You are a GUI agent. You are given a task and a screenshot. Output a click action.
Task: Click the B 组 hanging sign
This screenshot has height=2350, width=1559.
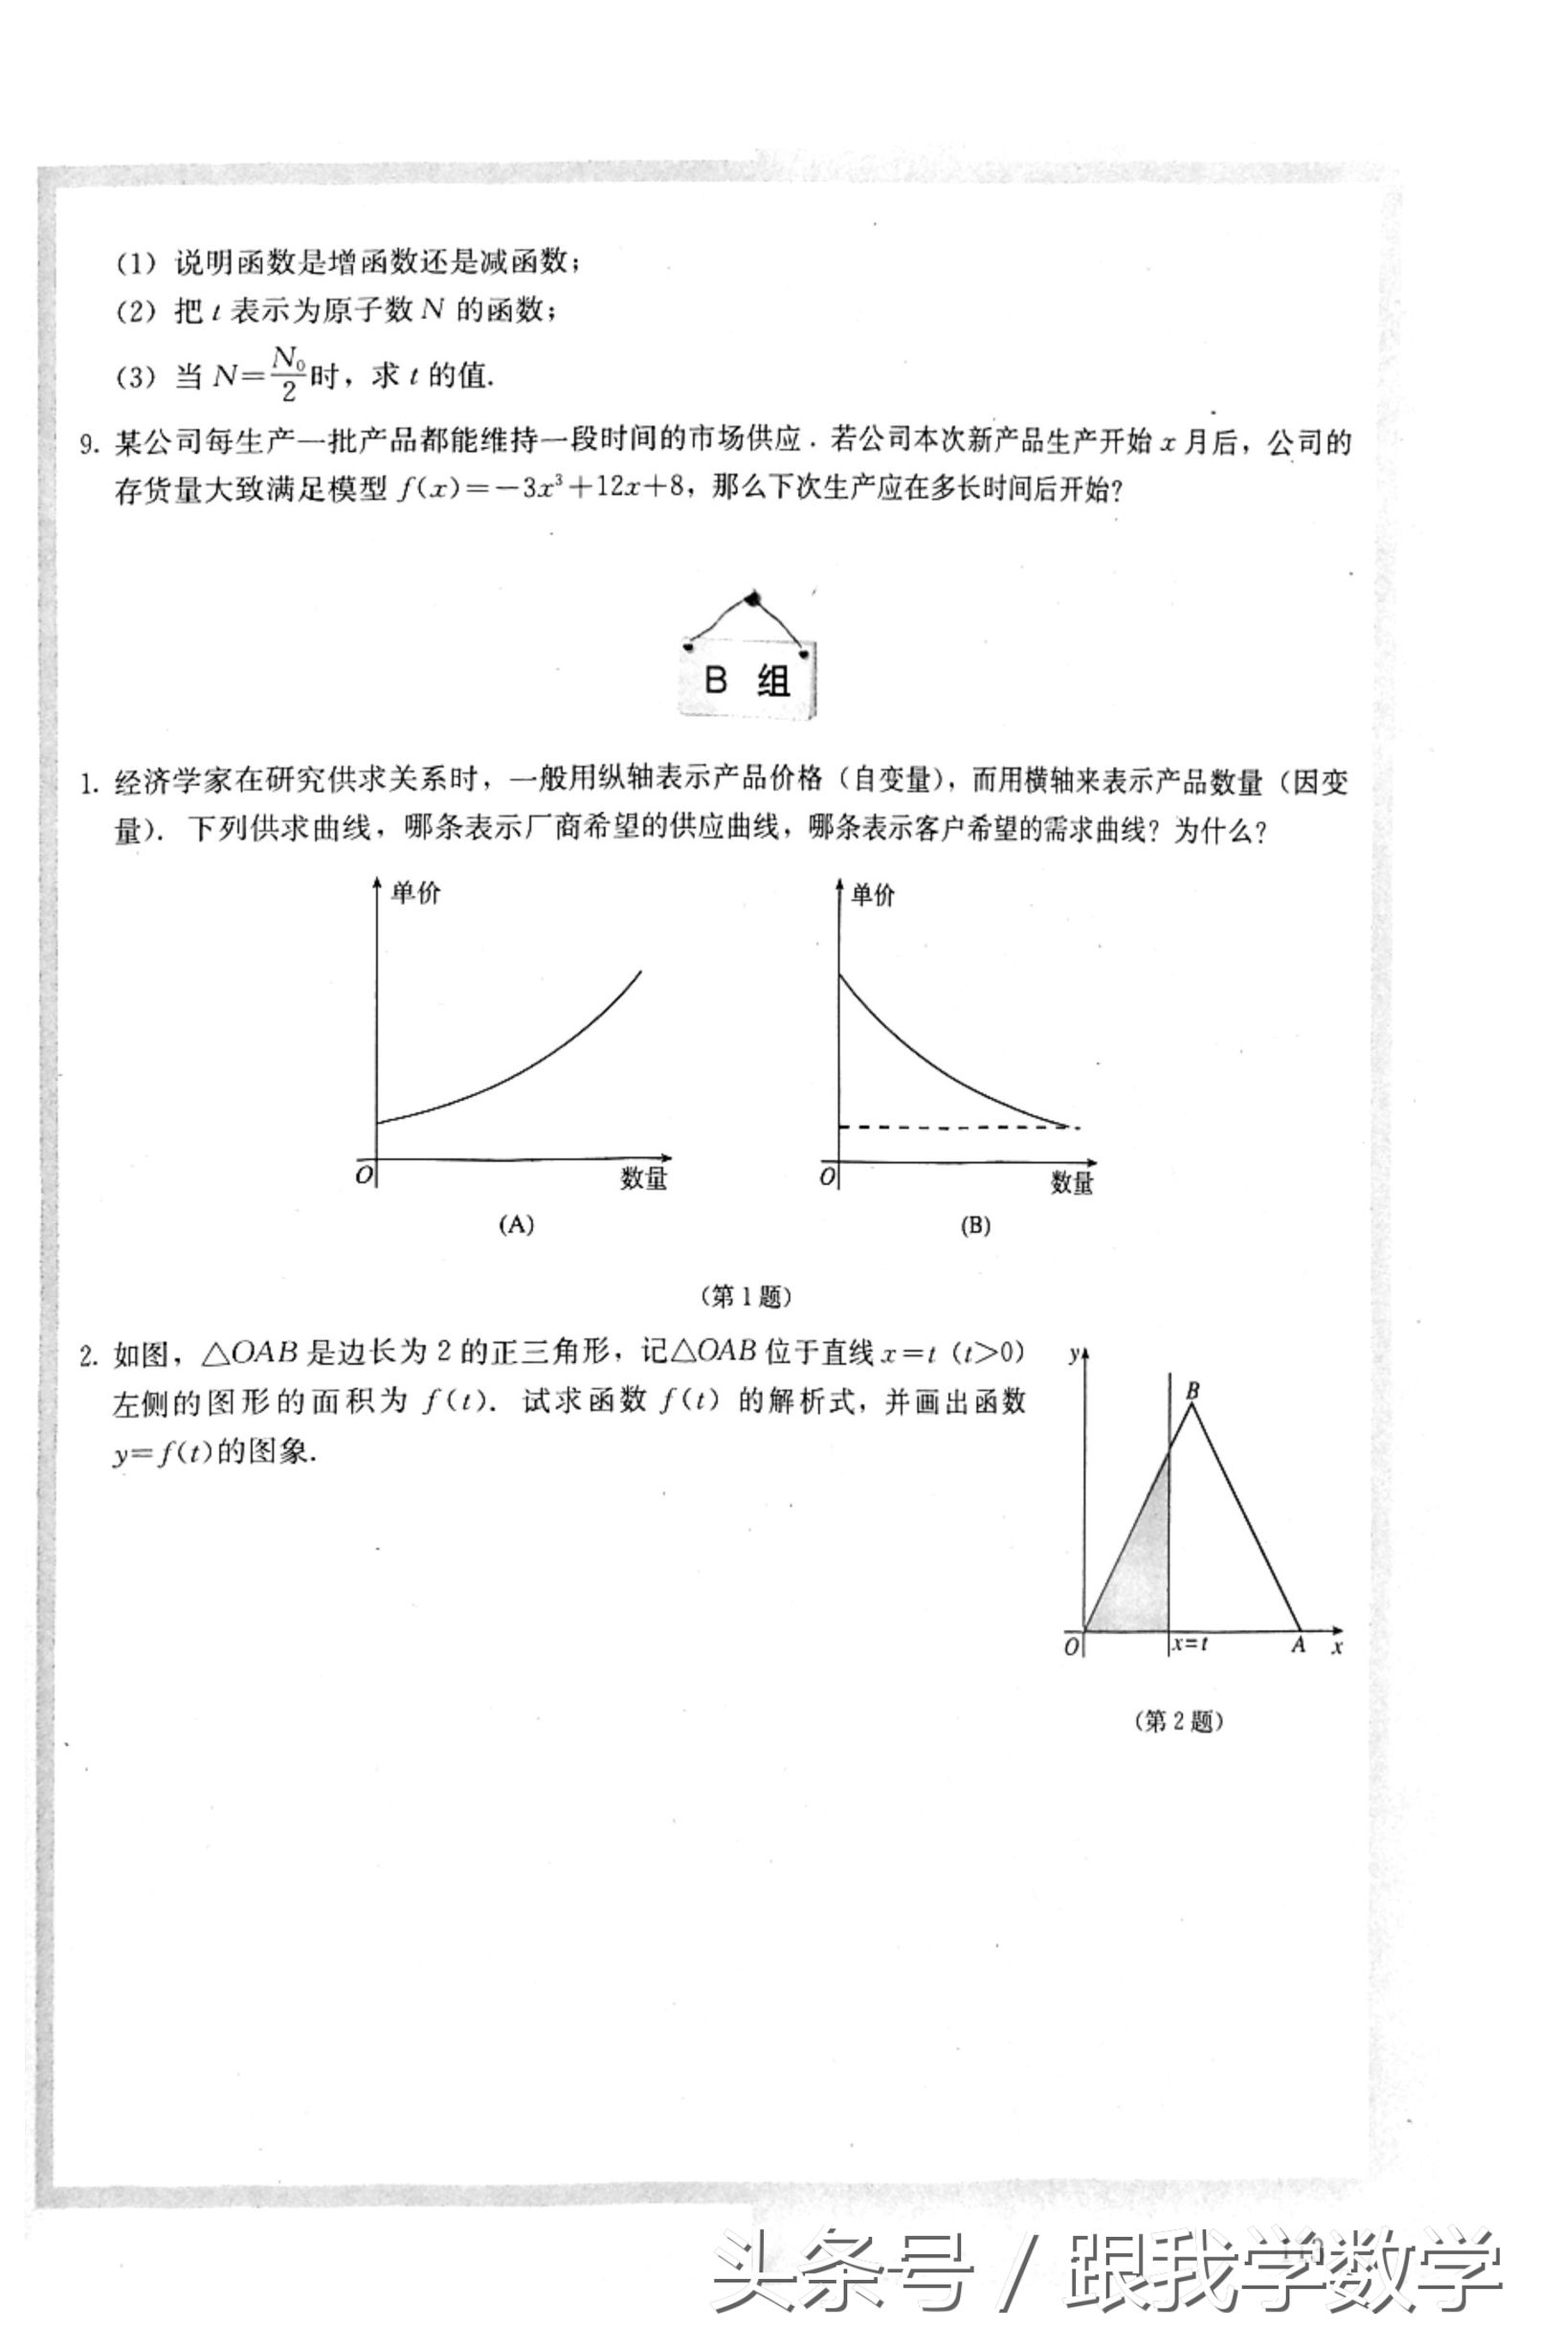[747, 681]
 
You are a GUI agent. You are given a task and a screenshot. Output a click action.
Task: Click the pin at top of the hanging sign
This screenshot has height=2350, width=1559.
[752, 598]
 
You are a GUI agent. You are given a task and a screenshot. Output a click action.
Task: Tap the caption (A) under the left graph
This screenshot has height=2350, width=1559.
[516, 1225]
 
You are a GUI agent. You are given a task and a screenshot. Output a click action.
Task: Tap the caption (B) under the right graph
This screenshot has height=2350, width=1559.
[975, 1225]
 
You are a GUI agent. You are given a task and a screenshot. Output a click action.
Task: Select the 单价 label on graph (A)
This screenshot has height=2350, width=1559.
[415, 892]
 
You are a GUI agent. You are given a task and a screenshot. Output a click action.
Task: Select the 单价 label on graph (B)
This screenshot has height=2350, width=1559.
[873, 894]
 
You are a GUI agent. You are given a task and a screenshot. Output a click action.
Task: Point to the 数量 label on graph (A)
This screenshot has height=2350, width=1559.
[644, 1178]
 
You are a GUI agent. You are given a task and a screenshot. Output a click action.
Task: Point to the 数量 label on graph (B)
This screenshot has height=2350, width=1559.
[1073, 1181]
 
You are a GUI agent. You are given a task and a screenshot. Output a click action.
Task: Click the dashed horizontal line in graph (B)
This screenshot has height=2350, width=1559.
[954, 1127]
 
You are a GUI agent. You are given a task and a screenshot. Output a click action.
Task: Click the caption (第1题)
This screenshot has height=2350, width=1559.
[746, 1296]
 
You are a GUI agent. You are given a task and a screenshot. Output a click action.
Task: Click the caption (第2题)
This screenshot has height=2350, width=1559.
[1177, 1720]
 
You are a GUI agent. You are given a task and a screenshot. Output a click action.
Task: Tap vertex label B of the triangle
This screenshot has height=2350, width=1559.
[1193, 1390]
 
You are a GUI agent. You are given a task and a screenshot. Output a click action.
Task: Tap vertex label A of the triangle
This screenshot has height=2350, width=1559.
[1298, 1645]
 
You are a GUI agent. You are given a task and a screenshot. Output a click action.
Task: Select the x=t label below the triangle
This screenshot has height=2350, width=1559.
[1191, 1643]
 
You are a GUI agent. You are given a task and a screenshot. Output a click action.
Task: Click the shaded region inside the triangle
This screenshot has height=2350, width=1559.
[1139, 1572]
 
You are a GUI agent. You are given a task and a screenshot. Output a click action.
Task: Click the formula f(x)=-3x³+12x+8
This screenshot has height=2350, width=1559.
[542, 489]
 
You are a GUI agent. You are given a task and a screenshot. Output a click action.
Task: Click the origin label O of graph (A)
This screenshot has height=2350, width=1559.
[364, 1175]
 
